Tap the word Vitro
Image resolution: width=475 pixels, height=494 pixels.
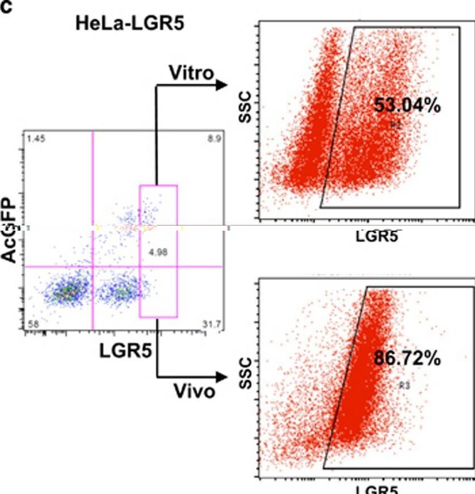[192, 73]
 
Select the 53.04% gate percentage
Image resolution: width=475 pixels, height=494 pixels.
[407, 106]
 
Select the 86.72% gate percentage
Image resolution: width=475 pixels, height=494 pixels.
[407, 358]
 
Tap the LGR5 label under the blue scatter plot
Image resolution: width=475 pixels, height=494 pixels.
[125, 351]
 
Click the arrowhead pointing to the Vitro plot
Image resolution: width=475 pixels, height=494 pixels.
[221, 85]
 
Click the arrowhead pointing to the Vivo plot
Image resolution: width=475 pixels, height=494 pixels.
[221, 376]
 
